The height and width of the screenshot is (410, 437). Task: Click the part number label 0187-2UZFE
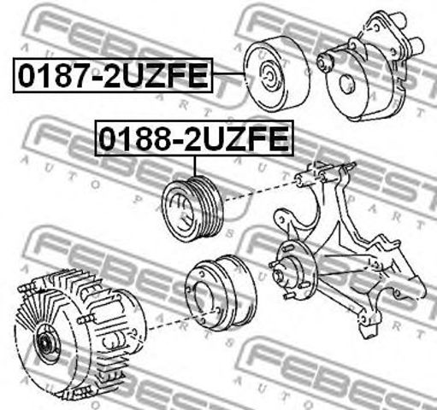coord(113,75)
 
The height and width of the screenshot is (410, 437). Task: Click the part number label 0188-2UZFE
coord(194,138)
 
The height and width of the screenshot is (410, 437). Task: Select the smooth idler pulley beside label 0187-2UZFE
coord(276,73)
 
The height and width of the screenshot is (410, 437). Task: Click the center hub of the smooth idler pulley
coord(269,74)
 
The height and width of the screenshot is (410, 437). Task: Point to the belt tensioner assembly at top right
coord(370,66)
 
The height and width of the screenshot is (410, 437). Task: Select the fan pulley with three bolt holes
coord(221,293)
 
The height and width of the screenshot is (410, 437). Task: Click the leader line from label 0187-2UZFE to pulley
coord(228,73)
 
